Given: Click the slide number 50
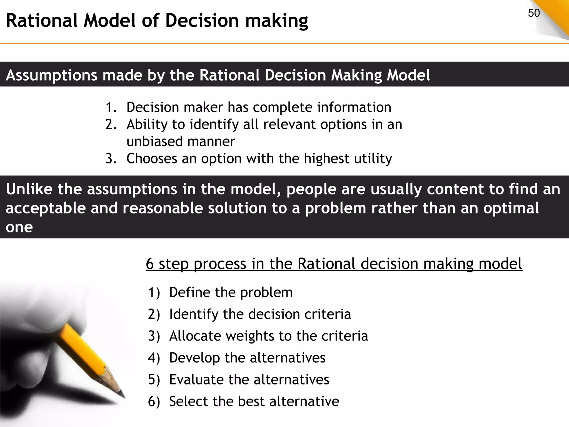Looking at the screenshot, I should tap(534, 13).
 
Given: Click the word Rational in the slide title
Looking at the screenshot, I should tap(41, 21).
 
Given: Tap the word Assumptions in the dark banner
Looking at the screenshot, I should tap(51, 75).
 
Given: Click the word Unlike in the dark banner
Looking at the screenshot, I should tap(29, 189).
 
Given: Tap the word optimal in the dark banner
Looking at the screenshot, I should tap(511, 208).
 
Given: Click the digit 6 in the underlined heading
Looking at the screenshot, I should tap(150, 264).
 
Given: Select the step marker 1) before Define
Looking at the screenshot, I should tap(154, 292).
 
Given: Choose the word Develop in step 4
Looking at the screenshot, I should tap(194, 358).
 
